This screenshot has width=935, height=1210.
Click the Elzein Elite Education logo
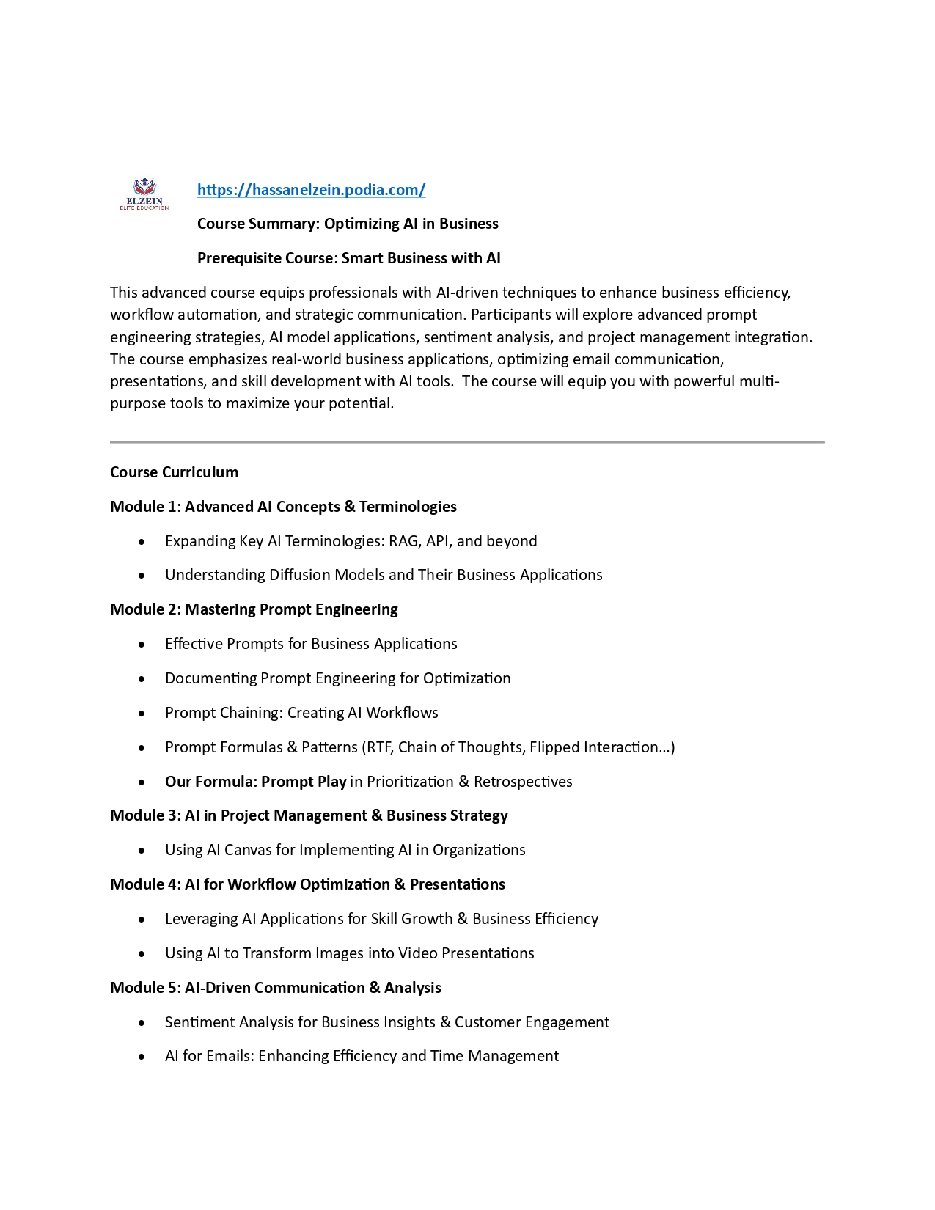coord(144,193)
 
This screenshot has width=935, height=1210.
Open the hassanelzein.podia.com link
coord(311,190)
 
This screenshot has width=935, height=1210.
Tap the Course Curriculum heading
coord(174,472)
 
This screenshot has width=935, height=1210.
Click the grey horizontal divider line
coord(467,442)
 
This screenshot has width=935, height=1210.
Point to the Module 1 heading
coord(283,507)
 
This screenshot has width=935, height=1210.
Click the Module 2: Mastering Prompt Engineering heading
coord(254,609)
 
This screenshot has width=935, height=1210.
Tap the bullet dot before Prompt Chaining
coord(142,714)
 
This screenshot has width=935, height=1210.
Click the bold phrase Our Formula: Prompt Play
coord(255,782)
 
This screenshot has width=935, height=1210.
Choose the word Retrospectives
coord(523,782)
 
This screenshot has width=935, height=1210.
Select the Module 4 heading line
coord(307,884)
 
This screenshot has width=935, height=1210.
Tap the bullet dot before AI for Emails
coord(142,1057)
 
